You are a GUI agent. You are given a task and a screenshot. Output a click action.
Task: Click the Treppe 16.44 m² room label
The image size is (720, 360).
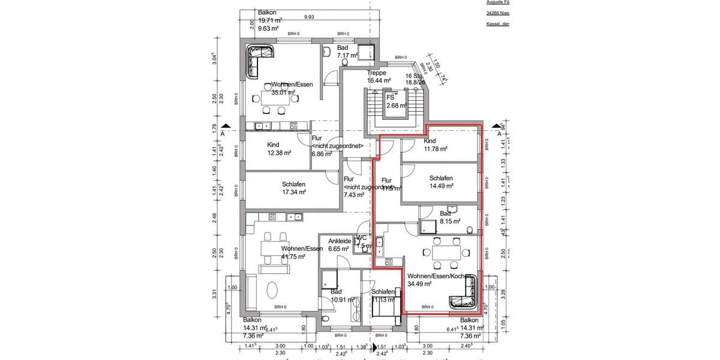[x=379, y=76]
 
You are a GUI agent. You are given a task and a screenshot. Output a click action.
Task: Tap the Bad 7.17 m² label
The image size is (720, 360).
[x=344, y=52]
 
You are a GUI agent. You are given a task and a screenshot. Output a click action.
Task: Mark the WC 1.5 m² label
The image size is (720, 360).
[x=361, y=242]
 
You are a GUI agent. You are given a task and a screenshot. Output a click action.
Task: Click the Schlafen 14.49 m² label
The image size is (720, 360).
[x=440, y=182]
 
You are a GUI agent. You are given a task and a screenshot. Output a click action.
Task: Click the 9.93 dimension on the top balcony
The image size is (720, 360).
[x=309, y=17]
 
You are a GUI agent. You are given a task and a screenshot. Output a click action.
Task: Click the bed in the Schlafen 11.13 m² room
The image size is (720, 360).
[x=383, y=306]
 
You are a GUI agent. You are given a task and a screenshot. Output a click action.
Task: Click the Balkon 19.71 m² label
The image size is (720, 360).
[x=269, y=20]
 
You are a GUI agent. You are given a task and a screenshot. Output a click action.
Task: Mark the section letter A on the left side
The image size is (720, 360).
[x=223, y=133]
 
